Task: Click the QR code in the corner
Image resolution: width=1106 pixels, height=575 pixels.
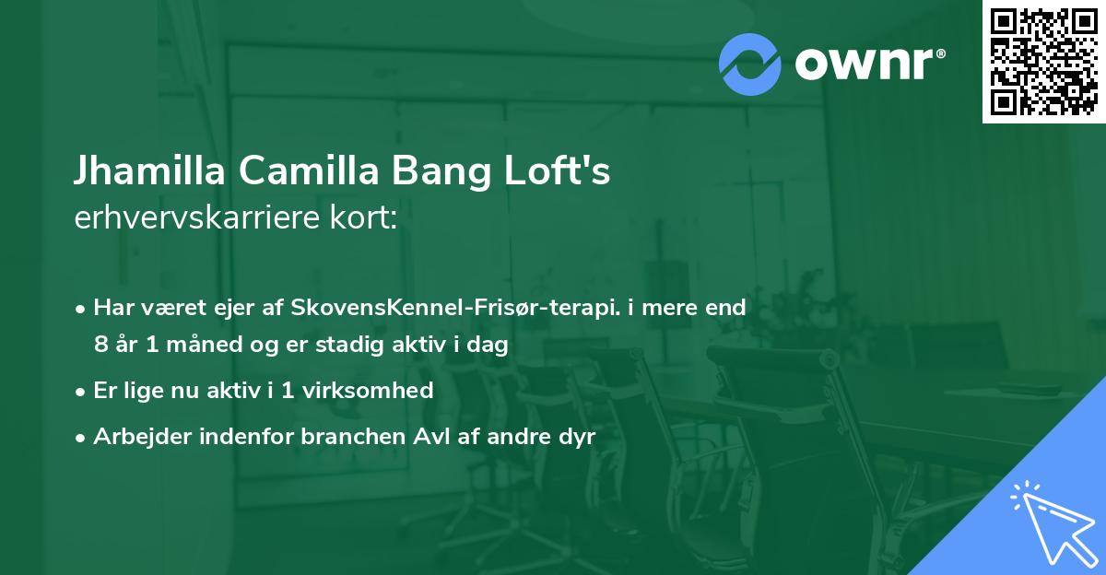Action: coord(1043,61)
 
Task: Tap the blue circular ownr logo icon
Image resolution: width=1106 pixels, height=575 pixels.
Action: coord(749,64)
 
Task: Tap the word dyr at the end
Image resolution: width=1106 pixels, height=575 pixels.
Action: coord(578,437)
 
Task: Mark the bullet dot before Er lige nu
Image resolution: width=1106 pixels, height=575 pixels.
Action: coord(82,392)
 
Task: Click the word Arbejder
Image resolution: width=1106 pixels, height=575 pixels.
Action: coord(136,437)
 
